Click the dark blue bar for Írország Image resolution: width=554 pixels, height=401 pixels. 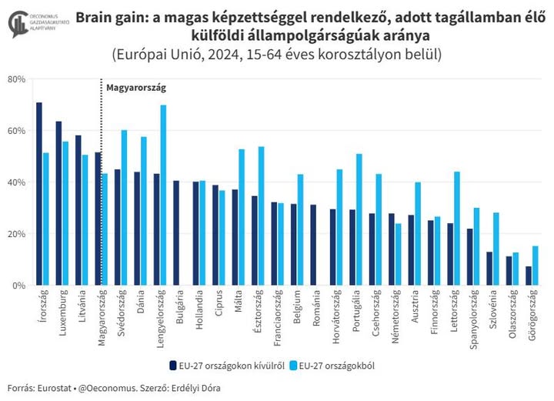(x=39, y=194)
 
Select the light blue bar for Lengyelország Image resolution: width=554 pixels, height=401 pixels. (x=163, y=195)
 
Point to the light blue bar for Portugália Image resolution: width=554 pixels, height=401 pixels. (x=359, y=219)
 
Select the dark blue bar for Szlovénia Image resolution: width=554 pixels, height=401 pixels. (x=489, y=268)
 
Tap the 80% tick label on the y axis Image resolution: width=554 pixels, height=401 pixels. (x=17, y=79)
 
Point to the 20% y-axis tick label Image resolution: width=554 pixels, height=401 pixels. (x=17, y=234)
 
